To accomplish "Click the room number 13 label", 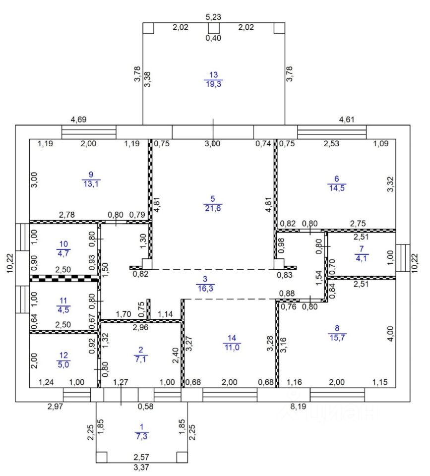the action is click(213, 75).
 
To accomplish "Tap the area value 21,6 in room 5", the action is click(213, 208).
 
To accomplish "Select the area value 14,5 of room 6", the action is click(337, 188).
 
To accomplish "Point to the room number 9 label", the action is click(91, 175).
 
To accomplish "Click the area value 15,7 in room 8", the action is click(337, 337).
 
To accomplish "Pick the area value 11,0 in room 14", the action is click(232, 347).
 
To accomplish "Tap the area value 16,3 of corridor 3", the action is click(206, 289).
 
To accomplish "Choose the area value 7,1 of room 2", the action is click(140, 359).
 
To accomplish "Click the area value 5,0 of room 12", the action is click(63, 364).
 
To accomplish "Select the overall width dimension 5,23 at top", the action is click(213, 17).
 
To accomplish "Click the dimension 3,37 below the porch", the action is click(141, 467).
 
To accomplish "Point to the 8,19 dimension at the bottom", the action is click(298, 407).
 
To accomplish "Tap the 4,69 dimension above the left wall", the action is click(79, 119).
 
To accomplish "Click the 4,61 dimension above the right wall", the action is click(347, 119).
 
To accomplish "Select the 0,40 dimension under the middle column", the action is click(213, 38).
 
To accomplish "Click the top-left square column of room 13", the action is click(148, 28).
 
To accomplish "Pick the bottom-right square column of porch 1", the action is click(182, 457).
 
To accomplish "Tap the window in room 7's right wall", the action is click(403, 258).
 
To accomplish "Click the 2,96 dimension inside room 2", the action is click(140, 327).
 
